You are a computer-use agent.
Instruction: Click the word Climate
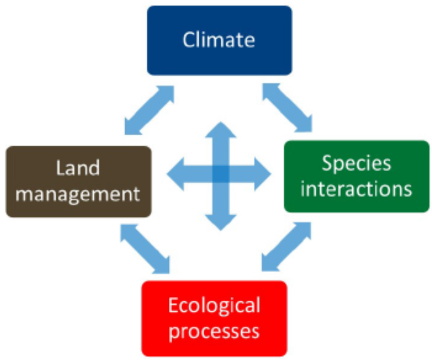pos(219,40)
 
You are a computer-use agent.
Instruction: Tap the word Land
pos(78,168)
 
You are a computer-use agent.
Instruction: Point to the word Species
pos(356,163)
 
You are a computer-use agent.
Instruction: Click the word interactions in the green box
pos(356,189)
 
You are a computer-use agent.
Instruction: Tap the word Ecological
pos(214,305)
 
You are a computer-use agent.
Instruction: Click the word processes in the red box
pos(214,331)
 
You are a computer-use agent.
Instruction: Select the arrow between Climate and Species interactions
pos(287,107)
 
